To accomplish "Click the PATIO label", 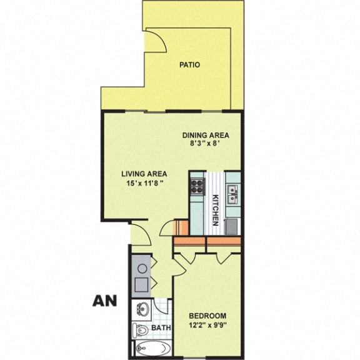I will (x=190, y=64).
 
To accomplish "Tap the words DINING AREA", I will (x=206, y=135).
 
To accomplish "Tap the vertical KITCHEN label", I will (x=215, y=209).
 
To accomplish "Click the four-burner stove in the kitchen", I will (x=197, y=186).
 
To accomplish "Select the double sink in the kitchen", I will (x=232, y=194).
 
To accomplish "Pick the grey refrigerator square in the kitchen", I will (x=232, y=225).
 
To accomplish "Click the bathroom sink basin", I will (x=143, y=308).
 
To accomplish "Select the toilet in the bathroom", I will (x=141, y=329).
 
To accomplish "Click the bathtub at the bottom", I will (x=150, y=349).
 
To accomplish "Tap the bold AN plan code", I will (x=106, y=301).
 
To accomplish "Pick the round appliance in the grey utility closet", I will (x=142, y=267).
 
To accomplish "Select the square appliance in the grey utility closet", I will (x=142, y=284).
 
